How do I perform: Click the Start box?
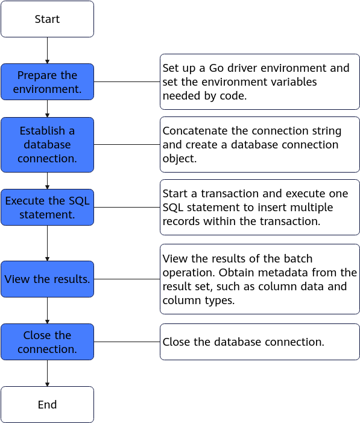click(x=47, y=19)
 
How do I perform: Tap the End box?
click(x=47, y=404)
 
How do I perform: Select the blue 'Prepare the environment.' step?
click(x=47, y=81)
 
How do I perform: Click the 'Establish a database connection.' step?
click(x=47, y=145)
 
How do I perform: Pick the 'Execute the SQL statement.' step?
click(x=47, y=207)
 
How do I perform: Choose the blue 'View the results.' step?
click(x=47, y=279)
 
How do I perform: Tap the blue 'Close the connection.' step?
click(x=47, y=342)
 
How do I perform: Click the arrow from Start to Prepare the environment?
click(x=47, y=51)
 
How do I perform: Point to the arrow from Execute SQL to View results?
click(x=47, y=243)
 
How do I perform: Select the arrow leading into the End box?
click(x=47, y=373)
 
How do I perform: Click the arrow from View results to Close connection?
click(x=47, y=311)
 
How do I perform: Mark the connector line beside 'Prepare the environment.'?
click(x=127, y=81)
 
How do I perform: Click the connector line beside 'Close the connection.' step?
click(x=127, y=342)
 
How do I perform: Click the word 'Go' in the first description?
click(x=216, y=68)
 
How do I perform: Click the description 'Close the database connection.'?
click(x=243, y=342)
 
